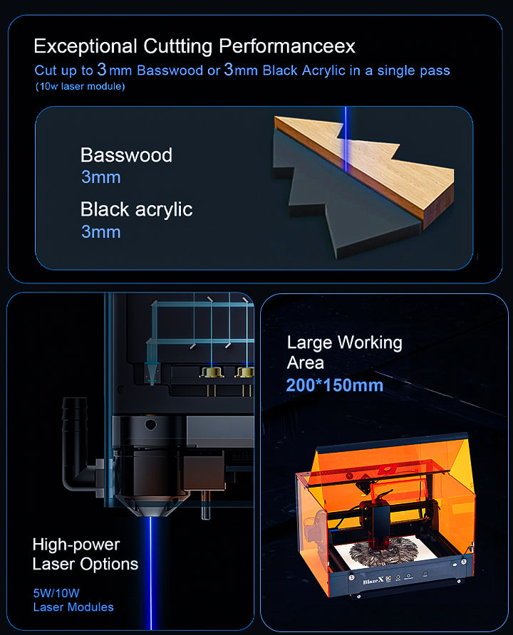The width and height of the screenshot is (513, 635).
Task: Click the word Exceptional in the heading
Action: [85, 46]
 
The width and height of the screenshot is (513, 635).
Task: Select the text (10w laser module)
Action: [81, 86]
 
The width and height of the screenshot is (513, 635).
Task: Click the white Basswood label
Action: [126, 155]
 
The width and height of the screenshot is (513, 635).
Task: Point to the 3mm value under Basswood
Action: [101, 177]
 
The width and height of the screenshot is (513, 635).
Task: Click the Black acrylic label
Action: [137, 210]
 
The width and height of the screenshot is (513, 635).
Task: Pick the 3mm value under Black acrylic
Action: [101, 232]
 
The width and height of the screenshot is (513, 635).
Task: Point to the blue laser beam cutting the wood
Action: [346, 139]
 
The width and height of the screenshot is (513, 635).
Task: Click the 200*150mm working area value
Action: [335, 385]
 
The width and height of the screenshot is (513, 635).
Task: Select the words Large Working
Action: [344, 343]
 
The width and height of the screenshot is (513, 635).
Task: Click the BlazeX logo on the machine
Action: [373, 582]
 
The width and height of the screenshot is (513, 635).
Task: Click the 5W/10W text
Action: [56, 593]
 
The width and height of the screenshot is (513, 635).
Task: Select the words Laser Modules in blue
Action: [73, 607]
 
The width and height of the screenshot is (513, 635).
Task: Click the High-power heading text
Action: [76, 545]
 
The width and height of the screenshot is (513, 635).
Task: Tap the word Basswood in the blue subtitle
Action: [170, 70]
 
